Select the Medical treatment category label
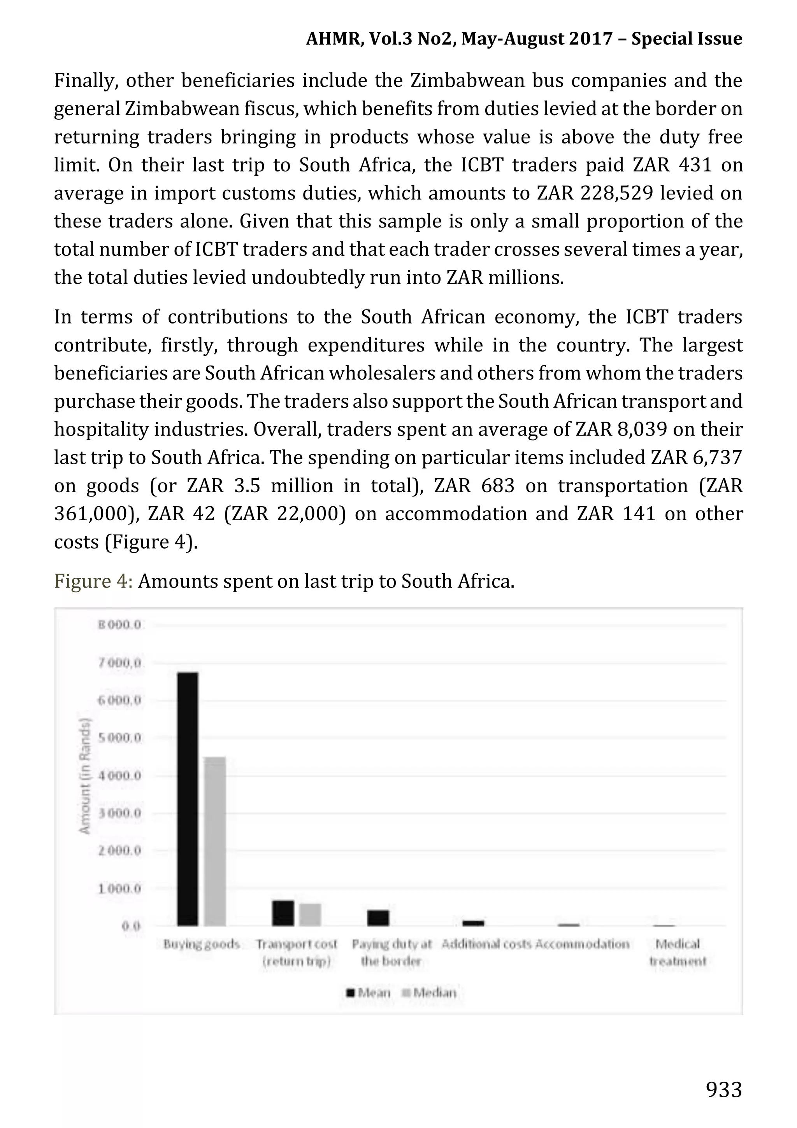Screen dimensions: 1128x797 click(x=677, y=952)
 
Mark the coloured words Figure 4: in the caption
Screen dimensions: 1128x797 click(x=93, y=581)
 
